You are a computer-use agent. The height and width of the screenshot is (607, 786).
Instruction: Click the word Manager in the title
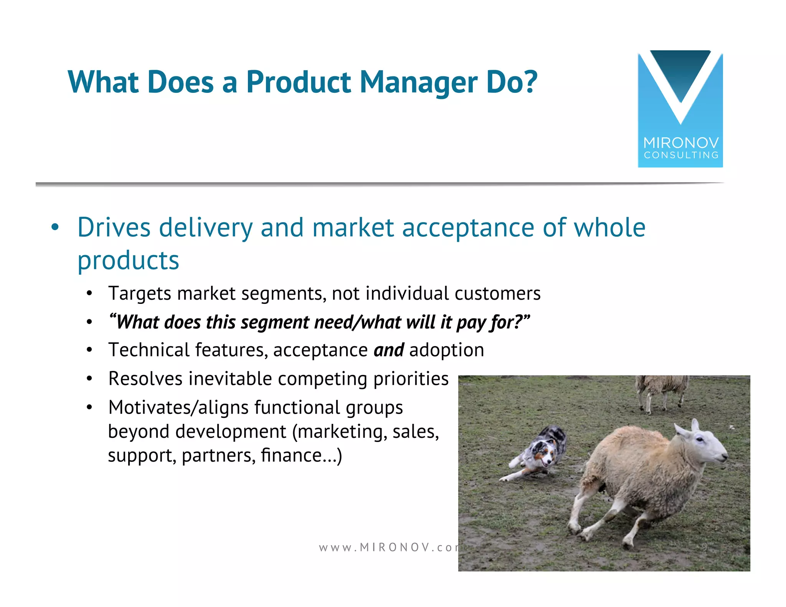coord(418,82)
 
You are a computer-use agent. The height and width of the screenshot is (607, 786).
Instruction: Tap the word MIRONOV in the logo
coord(681,143)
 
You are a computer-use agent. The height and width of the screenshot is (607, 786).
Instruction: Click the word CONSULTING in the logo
coord(681,155)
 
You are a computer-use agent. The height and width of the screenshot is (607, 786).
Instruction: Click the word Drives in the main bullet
coord(114,228)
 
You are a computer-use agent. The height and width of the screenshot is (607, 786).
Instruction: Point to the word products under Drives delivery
coord(128,261)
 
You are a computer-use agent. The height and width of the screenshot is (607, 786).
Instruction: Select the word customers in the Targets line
coord(497,294)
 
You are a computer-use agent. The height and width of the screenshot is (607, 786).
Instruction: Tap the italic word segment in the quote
coord(275,322)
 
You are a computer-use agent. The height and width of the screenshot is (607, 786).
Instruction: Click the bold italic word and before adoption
coord(388,350)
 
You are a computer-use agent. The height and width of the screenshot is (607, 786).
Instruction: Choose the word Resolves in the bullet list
coord(145,379)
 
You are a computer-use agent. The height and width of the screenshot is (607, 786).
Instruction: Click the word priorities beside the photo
coord(411,379)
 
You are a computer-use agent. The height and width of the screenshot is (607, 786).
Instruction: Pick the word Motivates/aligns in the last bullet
coord(178,407)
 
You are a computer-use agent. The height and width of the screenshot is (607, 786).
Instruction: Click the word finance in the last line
coord(291,455)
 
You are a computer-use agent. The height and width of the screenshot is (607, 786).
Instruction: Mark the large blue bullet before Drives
coord(55,228)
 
